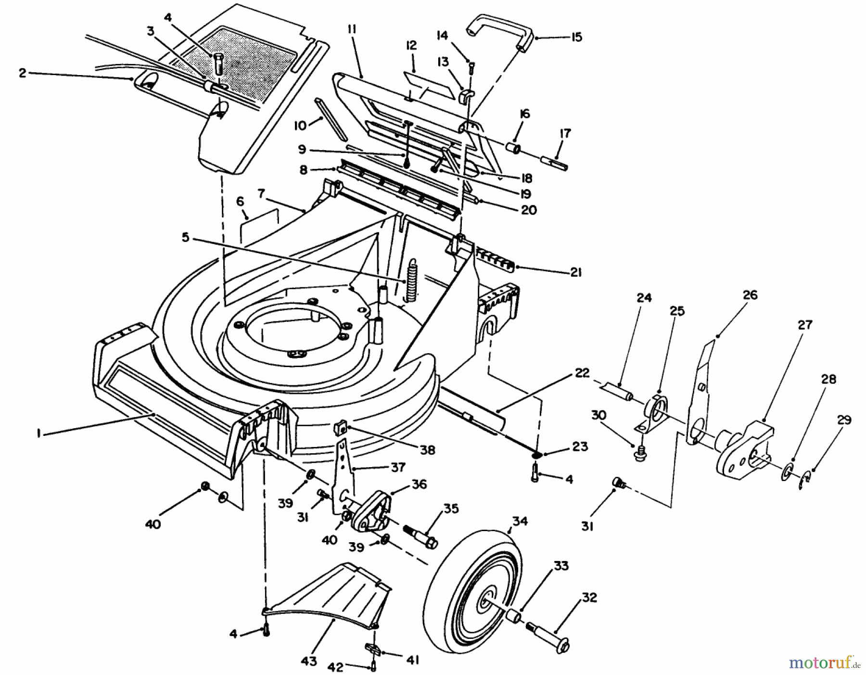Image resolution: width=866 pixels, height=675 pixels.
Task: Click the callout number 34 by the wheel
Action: point(520,521)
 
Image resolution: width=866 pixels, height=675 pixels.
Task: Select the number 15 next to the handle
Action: point(575,37)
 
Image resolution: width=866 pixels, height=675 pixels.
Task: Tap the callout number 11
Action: point(351,30)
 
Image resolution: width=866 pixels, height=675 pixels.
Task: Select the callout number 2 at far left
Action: point(22,73)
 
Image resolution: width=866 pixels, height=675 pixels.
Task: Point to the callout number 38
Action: point(427,450)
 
